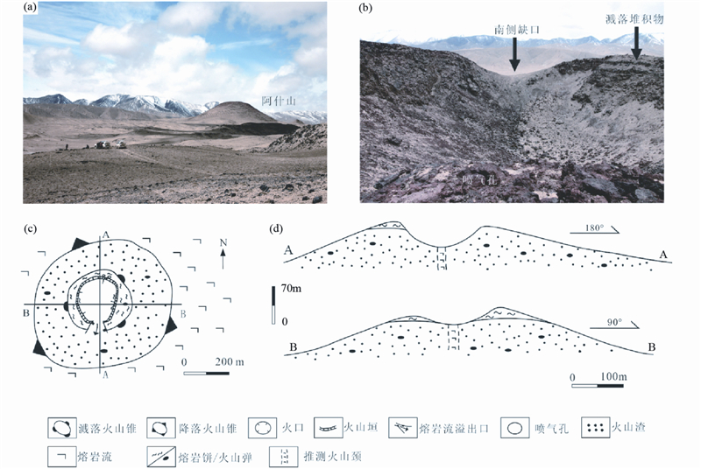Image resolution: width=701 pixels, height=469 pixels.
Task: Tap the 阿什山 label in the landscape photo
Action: tap(280, 102)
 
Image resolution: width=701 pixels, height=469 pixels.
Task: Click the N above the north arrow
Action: tap(224, 241)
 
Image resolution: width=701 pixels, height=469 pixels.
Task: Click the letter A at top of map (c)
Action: tap(105, 234)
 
